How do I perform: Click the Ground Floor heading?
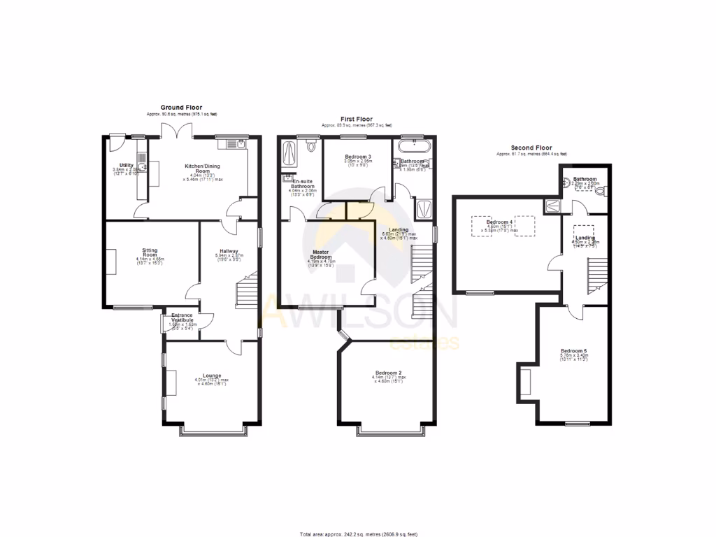[x=181, y=108]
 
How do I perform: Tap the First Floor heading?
[x=357, y=120]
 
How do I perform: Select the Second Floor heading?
[x=531, y=148]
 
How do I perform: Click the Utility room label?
[x=126, y=165]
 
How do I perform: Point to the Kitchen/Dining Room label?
[x=202, y=169]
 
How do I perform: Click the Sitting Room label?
[x=150, y=252]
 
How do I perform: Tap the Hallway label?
[x=229, y=251]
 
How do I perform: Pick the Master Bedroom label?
[x=322, y=255]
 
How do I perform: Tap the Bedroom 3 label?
[x=357, y=157]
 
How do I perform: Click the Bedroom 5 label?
[x=573, y=351]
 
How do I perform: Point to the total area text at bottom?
[x=359, y=534]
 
